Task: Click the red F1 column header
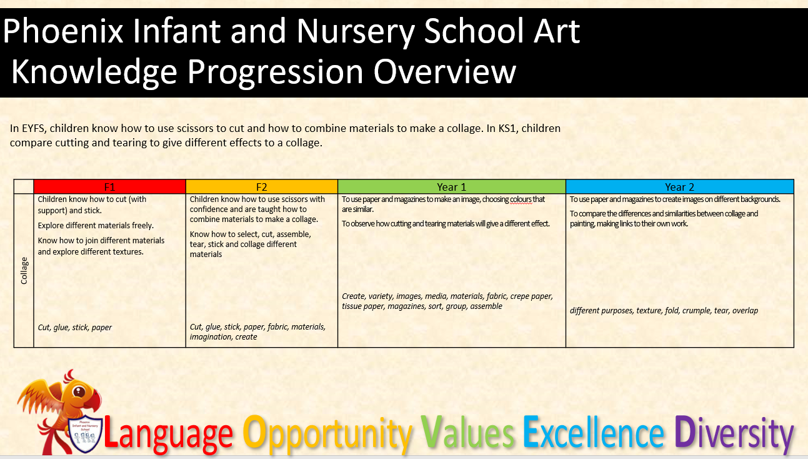click(x=109, y=186)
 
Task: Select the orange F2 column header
click(x=261, y=186)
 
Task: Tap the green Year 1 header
click(x=452, y=186)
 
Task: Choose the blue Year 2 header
click(x=680, y=186)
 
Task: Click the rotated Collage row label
click(x=24, y=271)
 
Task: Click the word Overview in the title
click(x=445, y=71)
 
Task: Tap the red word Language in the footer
click(x=168, y=435)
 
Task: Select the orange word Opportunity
click(x=327, y=435)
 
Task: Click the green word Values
click(x=467, y=432)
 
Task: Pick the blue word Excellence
click(x=594, y=432)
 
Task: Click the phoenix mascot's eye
click(x=79, y=391)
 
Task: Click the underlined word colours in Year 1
click(x=521, y=199)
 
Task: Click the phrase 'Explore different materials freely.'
click(x=96, y=226)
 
